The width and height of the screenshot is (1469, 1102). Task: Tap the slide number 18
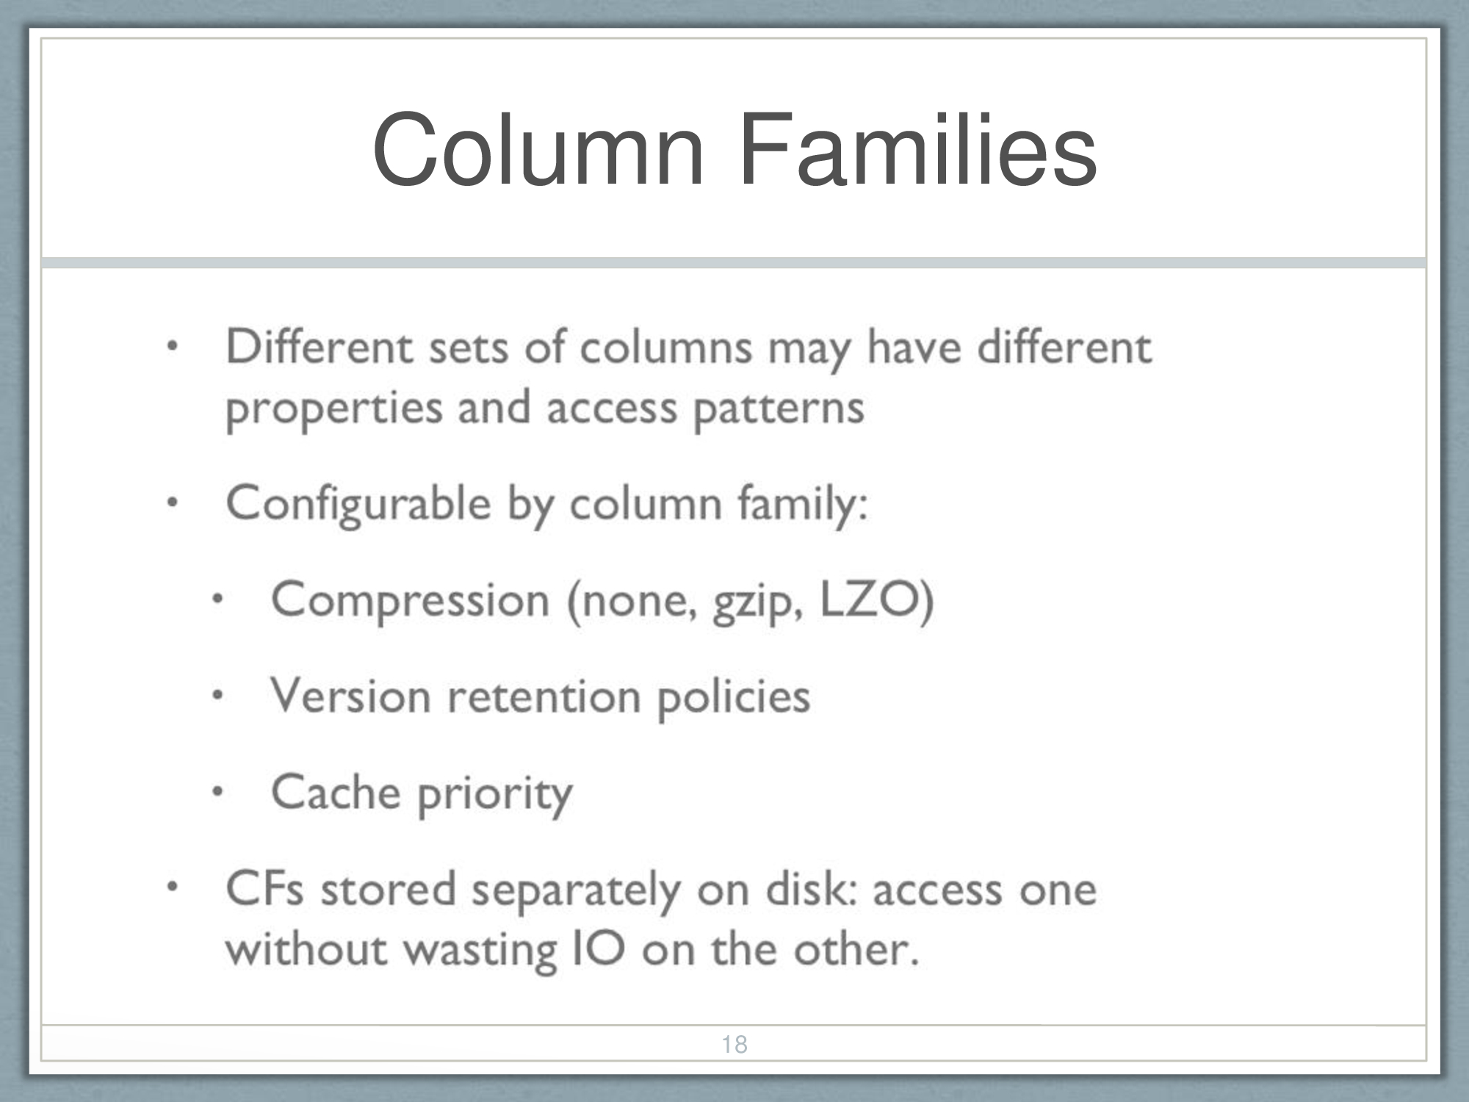[734, 1044]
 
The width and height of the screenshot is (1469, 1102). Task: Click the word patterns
[779, 408]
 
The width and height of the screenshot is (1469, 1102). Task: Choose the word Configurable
[358, 505]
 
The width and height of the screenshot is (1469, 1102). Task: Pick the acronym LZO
[869, 599]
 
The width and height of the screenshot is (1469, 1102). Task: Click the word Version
[351, 696]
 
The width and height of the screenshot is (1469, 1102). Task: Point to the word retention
[544, 696]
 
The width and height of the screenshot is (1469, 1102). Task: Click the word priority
[495, 796]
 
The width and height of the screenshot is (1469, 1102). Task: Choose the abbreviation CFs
[264, 889]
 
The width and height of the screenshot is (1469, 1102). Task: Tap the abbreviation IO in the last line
[599, 949]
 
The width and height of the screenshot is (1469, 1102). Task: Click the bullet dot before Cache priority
[217, 792]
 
